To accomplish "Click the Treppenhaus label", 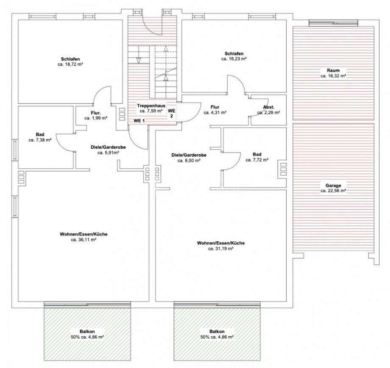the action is (151, 106).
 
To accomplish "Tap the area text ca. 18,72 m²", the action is (70, 64).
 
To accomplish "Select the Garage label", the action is (333, 185).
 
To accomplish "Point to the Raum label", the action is (333, 70).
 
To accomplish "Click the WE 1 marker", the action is (139, 121).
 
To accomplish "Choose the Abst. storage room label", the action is (269, 107).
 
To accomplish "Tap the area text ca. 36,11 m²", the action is (84, 240).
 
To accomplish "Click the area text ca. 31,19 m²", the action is (220, 248).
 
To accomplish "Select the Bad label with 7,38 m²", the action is (40, 135).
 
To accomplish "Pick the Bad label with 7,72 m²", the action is (257, 154).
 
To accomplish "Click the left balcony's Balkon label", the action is (87, 332).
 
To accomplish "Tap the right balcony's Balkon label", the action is (217, 332).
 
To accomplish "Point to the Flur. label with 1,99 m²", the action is (96, 113).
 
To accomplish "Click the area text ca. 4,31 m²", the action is (215, 113).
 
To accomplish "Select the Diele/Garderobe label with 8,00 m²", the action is (189, 155).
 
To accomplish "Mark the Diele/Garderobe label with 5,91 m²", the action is (108, 147).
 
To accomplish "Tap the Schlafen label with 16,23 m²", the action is (234, 53).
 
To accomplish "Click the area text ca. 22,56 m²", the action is (333, 191).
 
